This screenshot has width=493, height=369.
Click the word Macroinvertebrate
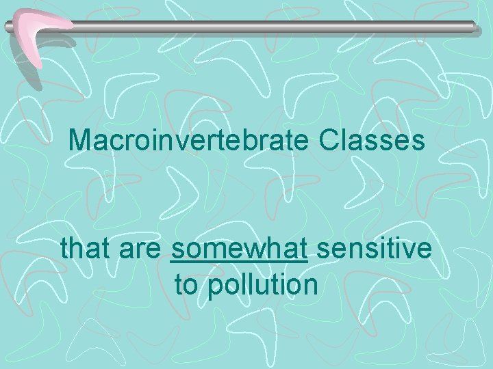tap(190, 141)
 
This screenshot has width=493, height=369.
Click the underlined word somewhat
tap(238, 249)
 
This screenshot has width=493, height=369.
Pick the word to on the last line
tap(186, 284)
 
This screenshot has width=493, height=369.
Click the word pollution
tap(262, 284)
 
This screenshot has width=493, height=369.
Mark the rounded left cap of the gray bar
tap(8, 27)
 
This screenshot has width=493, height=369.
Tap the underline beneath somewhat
tap(238, 261)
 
